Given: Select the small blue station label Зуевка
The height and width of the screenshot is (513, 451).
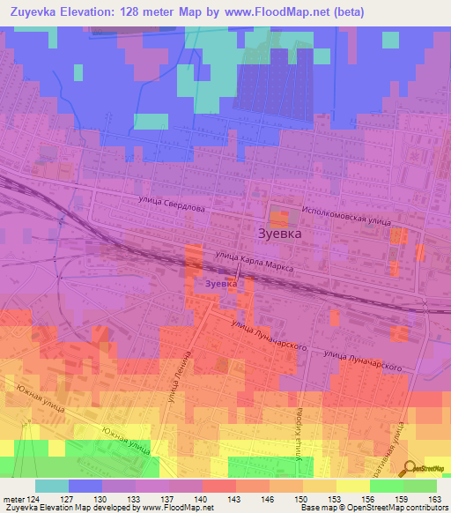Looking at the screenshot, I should click(x=221, y=285).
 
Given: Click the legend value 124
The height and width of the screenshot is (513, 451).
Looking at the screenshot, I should click(x=35, y=498).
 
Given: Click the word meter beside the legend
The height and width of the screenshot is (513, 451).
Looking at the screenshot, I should click(x=12, y=498).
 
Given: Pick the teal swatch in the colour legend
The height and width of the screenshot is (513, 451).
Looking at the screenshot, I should click(x=52, y=486).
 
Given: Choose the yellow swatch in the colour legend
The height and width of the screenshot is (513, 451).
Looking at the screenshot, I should click(x=352, y=486).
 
